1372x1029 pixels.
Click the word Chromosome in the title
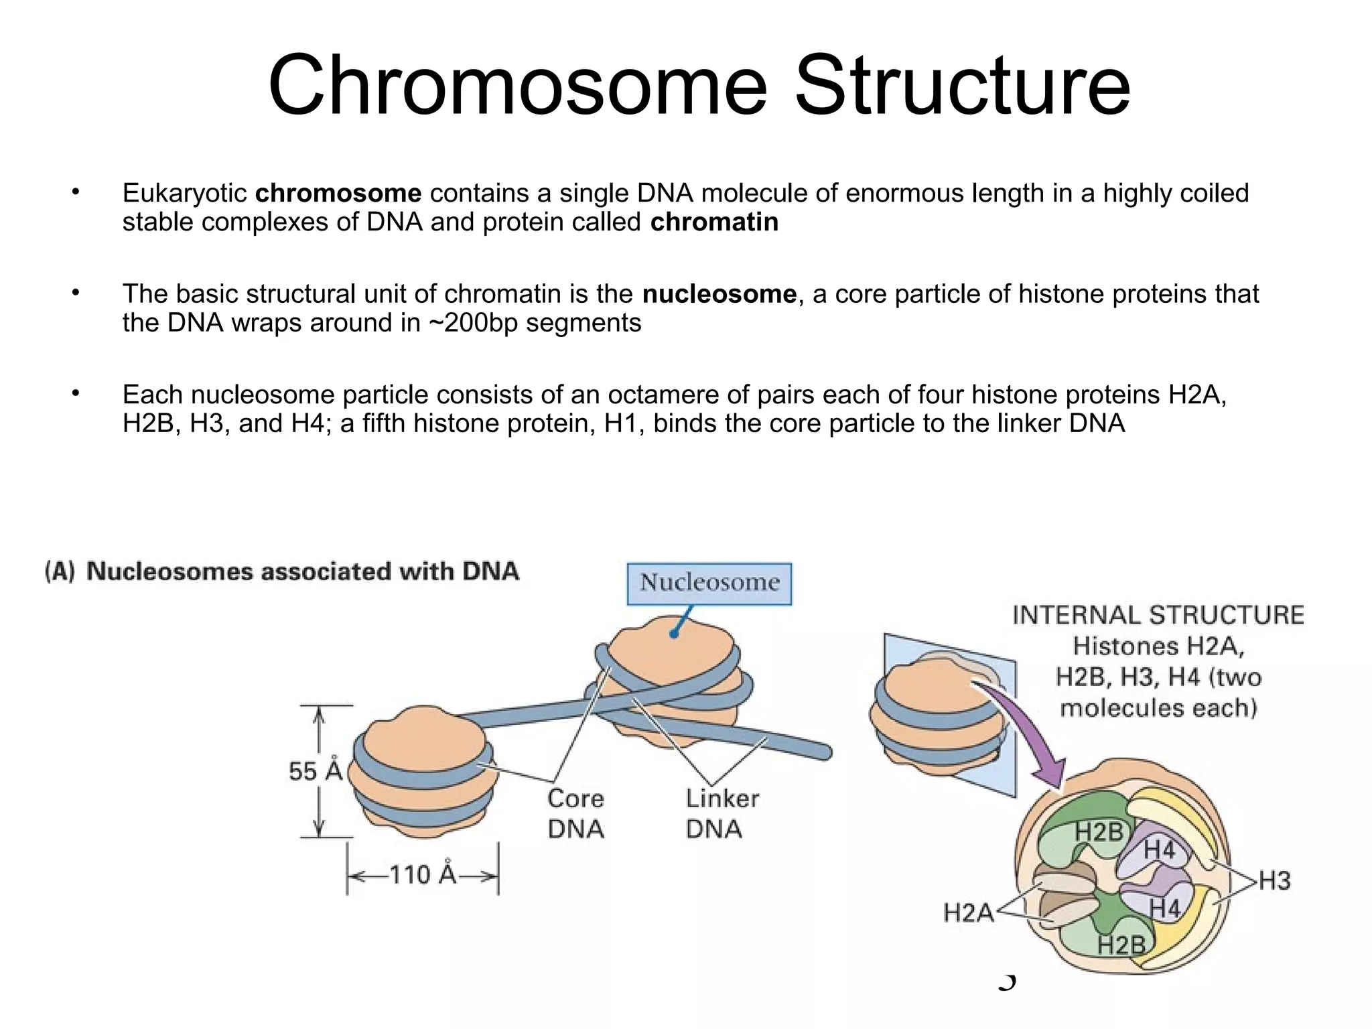coord(517,86)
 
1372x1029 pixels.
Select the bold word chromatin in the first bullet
coord(714,222)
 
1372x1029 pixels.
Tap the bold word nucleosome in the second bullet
coord(719,294)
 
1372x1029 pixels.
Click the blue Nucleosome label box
coord(709,583)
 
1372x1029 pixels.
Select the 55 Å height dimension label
coord(315,770)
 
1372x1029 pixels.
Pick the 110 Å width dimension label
coord(422,875)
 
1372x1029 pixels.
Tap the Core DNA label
coord(575,813)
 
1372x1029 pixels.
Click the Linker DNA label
coord(722,813)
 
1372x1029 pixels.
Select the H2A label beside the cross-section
coord(967,912)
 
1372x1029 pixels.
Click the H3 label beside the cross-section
coord(1274,880)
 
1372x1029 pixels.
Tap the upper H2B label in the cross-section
coord(1099,833)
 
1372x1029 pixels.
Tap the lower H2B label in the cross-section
coord(1121,945)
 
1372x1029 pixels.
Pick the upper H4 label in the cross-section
coord(1159,850)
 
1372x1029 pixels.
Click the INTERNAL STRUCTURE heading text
coord(1158,615)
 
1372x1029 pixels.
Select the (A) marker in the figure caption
coord(60,571)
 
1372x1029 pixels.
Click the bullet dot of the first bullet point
coord(76,193)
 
